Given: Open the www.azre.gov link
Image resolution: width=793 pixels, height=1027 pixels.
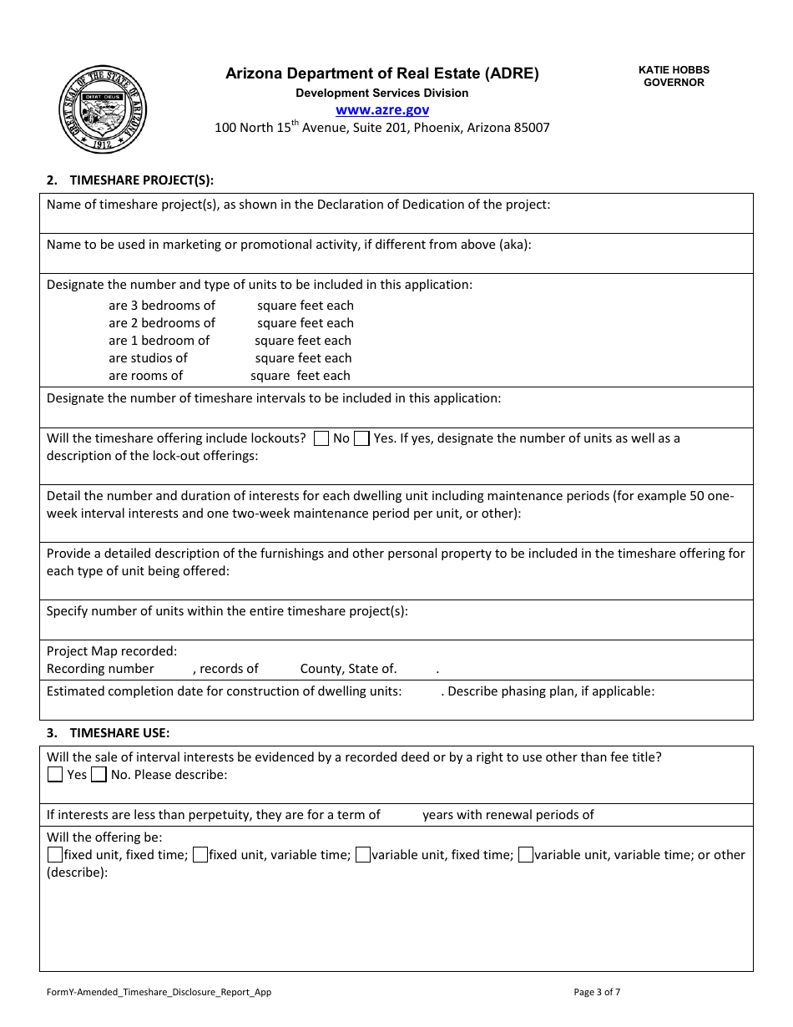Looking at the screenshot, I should [x=382, y=109].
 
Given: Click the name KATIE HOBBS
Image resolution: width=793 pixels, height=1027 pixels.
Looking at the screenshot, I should [x=674, y=70].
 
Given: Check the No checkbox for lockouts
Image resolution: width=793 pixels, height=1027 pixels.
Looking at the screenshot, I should [x=321, y=438].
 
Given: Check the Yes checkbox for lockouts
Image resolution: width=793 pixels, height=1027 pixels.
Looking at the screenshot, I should [x=361, y=438].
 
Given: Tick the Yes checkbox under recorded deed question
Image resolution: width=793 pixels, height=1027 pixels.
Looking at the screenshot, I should [x=55, y=775].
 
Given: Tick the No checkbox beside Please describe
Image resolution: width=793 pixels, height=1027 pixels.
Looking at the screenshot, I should [x=98, y=775].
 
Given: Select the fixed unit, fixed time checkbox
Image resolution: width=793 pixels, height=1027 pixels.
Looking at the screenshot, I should [x=55, y=855].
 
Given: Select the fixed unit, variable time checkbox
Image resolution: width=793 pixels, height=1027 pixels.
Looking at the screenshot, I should [x=200, y=855].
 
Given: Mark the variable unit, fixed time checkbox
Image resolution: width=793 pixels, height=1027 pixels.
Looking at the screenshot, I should [x=363, y=855].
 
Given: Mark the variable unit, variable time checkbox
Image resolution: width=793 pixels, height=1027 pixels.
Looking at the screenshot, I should [x=526, y=855].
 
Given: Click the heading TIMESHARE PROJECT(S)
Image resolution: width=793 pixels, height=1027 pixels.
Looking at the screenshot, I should [x=142, y=180].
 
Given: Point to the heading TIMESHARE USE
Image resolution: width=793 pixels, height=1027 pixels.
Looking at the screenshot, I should [x=119, y=733].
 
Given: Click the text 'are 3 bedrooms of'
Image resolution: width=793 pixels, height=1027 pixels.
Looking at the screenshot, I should [x=162, y=306].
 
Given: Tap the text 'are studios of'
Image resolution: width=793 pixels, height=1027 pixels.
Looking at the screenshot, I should [x=148, y=358].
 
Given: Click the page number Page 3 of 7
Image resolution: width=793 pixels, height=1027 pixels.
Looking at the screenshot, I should [x=597, y=992].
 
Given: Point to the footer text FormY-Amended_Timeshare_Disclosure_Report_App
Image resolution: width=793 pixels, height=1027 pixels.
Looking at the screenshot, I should [x=159, y=992].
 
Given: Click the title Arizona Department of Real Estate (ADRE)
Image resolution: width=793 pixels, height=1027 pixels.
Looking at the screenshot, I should [x=382, y=73].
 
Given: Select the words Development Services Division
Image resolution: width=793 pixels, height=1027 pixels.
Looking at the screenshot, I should [x=382, y=94].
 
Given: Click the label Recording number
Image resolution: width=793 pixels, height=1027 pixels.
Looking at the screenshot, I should [x=100, y=669].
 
